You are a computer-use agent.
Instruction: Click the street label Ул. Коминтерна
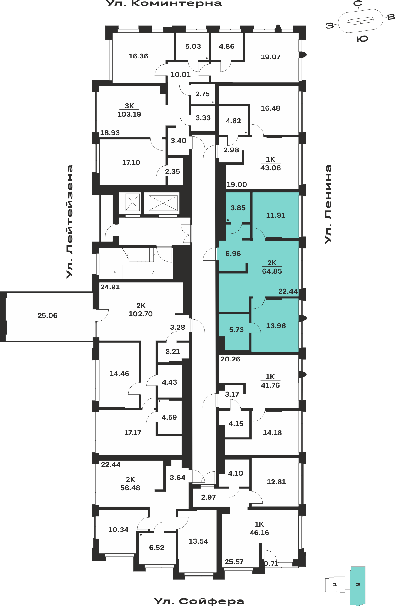point(164,4)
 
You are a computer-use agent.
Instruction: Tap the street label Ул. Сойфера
point(199,601)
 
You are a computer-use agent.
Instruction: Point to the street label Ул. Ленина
point(328,204)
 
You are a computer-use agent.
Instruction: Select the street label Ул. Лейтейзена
point(70,221)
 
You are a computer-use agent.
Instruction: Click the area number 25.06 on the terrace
point(48,315)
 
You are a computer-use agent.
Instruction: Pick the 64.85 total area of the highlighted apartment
point(272,271)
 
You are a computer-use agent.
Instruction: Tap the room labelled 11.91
point(276,215)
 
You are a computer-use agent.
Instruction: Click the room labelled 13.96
point(276,326)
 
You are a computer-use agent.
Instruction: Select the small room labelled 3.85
point(238,208)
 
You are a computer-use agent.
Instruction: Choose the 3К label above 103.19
point(129,106)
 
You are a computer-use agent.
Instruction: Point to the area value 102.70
point(141,314)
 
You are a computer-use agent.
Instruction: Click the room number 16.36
point(138,56)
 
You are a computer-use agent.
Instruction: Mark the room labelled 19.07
point(270,57)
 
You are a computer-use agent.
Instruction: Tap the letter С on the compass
point(358,4)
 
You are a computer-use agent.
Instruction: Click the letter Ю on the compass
point(362,39)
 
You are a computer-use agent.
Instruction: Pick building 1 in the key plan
point(335,584)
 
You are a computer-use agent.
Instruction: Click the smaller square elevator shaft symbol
point(132,202)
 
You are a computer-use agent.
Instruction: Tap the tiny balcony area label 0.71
point(271,564)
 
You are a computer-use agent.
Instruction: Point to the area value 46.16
point(259,533)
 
